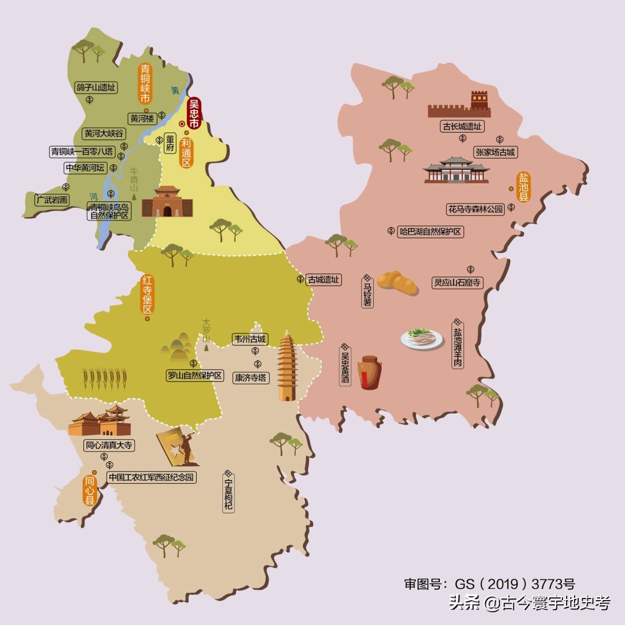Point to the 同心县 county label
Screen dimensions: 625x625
pyautogui.click(x=90, y=491)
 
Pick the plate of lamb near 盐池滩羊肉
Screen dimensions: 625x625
pyautogui.click(x=422, y=338)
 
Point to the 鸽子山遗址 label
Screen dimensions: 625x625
pyautogui.click(x=96, y=88)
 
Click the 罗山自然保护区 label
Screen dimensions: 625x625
pyautogui.click(x=195, y=376)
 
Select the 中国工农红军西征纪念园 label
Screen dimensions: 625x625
pyautogui.click(x=152, y=478)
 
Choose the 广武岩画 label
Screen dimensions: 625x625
pyautogui.click(x=52, y=200)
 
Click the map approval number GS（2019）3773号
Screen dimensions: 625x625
pyautogui.click(x=489, y=583)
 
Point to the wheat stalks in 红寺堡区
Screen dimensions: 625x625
pyautogui.click(x=102, y=378)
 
